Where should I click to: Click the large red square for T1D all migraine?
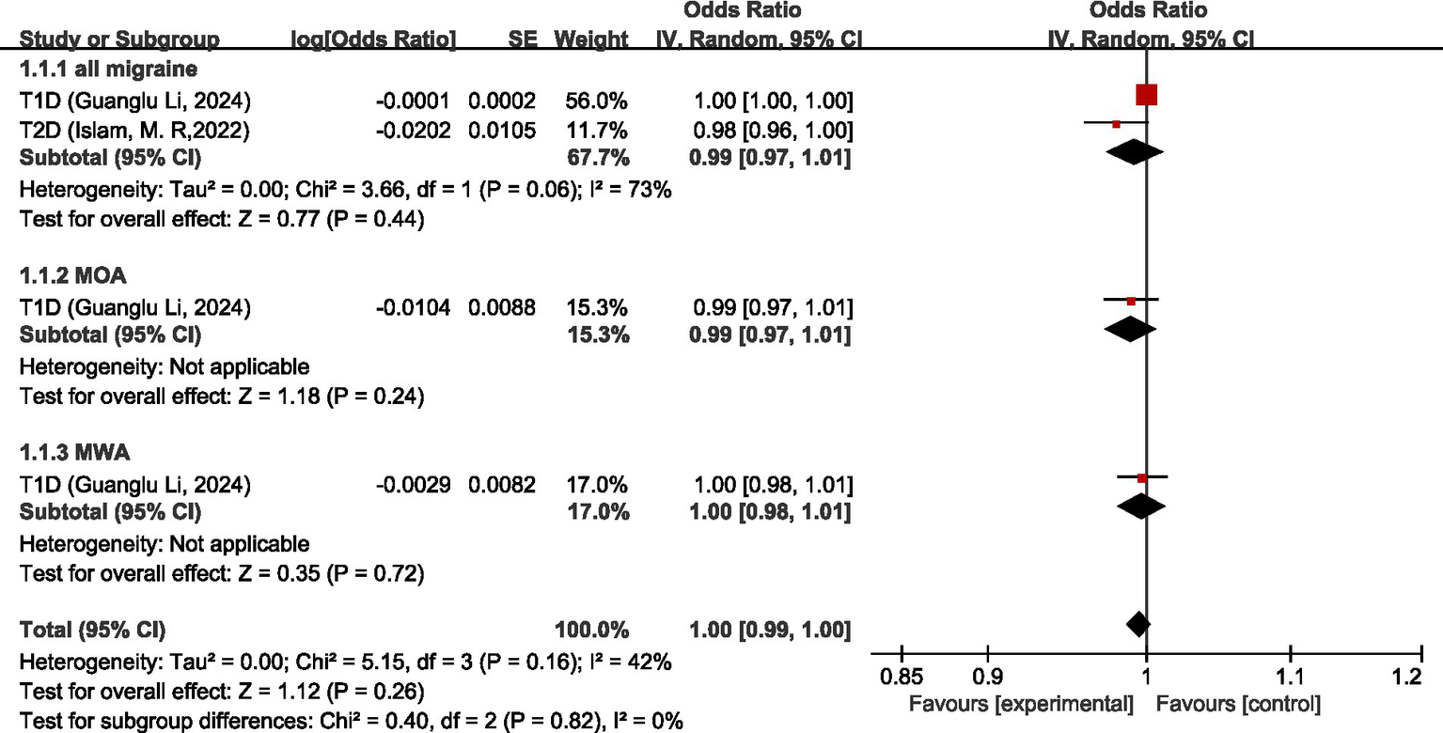tap(1146, 95)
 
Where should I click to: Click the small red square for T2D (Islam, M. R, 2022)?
tap(1117, 124)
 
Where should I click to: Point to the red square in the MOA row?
tap(1131, 301)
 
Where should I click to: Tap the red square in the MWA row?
tap(1142, 478)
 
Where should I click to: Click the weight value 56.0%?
tap(596, 101)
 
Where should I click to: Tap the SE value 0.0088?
tap(502, 307)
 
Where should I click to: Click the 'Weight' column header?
tap(590, 39)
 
